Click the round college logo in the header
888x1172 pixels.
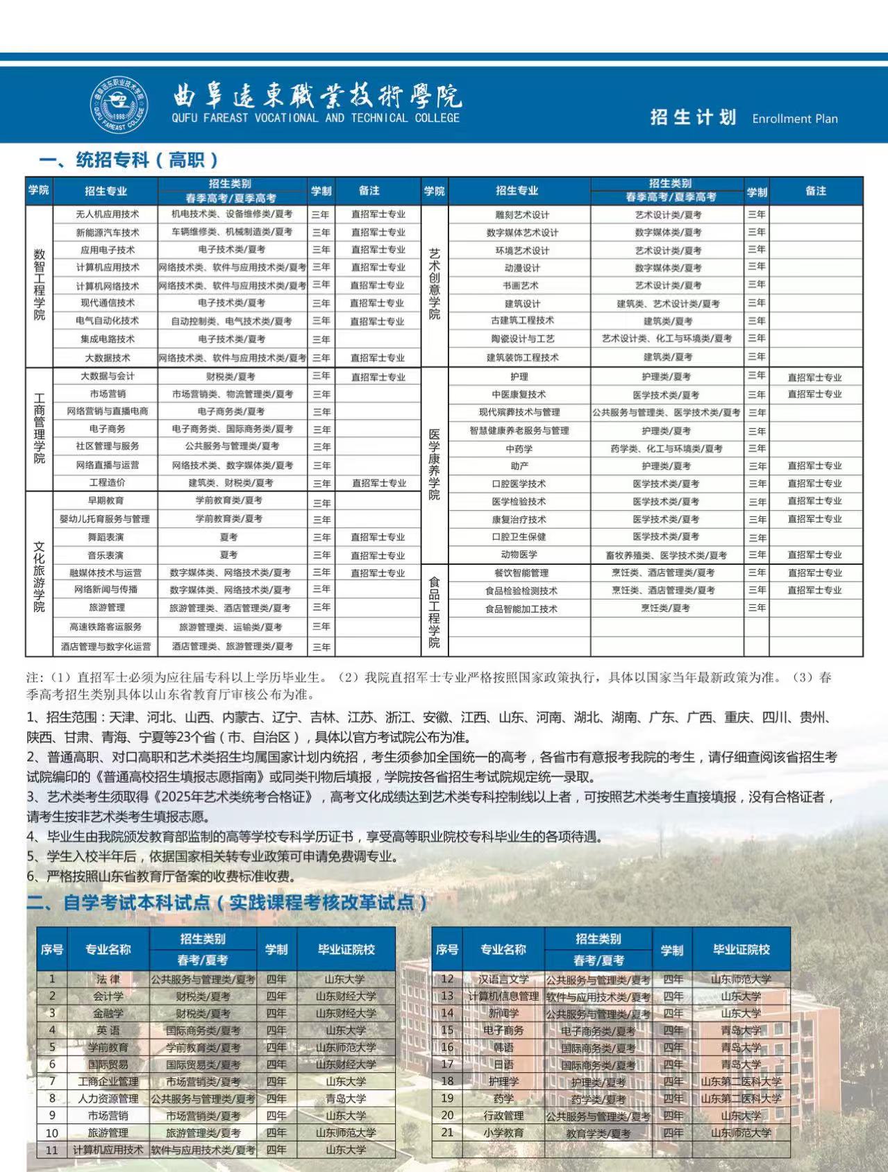pos(119,105)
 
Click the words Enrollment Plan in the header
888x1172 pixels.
pos(794,119)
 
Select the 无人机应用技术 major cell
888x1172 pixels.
pos(107,214)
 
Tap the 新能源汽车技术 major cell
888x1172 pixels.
pos(107,232)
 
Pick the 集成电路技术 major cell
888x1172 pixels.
pos(107,339)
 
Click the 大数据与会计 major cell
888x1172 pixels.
pos(107,376)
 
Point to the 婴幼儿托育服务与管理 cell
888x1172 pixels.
pos(105,519)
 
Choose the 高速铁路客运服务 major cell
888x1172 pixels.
pos(106,627)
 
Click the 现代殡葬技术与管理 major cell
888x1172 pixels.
pos(519,412)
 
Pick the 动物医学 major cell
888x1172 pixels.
pos(519,555)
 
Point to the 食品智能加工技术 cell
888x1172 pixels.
pos(521,609)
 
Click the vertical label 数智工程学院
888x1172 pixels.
pos(40,284)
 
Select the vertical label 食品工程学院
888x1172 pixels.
pos(434,611)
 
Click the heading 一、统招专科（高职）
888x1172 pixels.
pos(128,160)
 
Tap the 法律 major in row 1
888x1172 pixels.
pos(108,979)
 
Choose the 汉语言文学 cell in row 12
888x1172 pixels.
pos(503,979)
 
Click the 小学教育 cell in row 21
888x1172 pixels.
pos(503,1132)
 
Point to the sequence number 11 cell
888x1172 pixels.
pos(52,1150)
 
